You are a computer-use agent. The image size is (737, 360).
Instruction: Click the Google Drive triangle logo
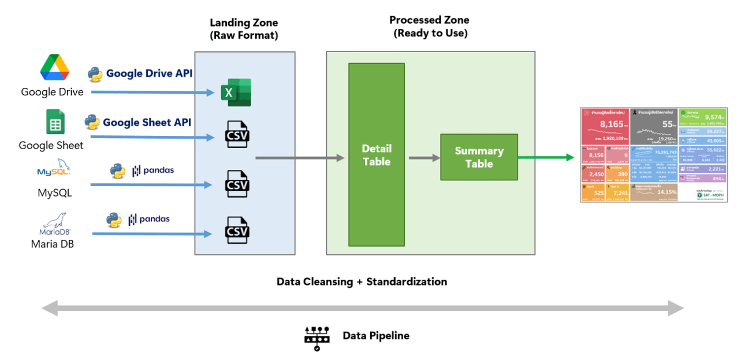tap(54, 68)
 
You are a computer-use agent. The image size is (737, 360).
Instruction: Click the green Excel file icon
tap(236, 92)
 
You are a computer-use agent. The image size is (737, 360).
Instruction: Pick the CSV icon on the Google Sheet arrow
tap(237, 135)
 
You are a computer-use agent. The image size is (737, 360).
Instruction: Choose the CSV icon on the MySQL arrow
tap(237, 184)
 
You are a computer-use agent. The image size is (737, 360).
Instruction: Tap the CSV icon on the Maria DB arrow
tap(237, 231)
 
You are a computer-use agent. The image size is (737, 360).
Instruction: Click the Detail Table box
tap(376, 155)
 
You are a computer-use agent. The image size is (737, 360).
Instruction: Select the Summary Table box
tap(479, 157)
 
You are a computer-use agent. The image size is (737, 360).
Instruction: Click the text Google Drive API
tap(149, 74)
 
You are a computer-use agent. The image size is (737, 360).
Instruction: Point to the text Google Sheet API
tap(147, 123)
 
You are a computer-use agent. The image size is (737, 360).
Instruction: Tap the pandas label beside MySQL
tap(153, 170)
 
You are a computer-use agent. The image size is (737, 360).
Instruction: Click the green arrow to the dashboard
tap(548, 157)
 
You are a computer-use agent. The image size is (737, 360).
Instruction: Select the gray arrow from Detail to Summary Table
tap(424, 157)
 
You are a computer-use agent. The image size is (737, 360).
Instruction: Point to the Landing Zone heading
tap(243, 28)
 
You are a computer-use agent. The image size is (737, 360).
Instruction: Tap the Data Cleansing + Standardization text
tap(362, 282)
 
